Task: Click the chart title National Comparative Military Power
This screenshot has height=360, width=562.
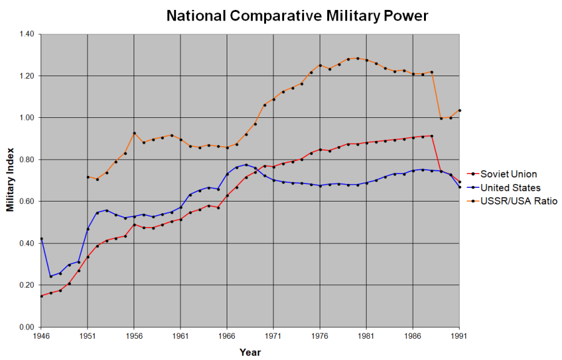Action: pos(297,16)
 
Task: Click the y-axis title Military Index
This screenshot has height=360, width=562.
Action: pos(11,181)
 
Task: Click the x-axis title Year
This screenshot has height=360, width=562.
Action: pos(250,352)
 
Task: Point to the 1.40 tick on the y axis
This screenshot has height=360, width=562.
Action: pos(26,34)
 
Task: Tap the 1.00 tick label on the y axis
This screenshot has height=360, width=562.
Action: pos(26,118)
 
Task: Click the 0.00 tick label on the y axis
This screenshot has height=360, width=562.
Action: pos(26,327)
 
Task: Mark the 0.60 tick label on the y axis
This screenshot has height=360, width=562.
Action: pos(26,202)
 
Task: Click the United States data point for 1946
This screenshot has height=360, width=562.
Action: pos(41,238)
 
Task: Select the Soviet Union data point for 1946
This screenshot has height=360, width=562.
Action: pos(41,296)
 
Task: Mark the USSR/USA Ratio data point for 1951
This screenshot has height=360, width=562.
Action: pos(87,177)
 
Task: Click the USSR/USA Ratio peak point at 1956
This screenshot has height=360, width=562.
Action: pos(134,133)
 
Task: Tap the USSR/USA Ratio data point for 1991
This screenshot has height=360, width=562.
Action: pos(459,110)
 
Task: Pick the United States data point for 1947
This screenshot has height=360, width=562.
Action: pos(51,276)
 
